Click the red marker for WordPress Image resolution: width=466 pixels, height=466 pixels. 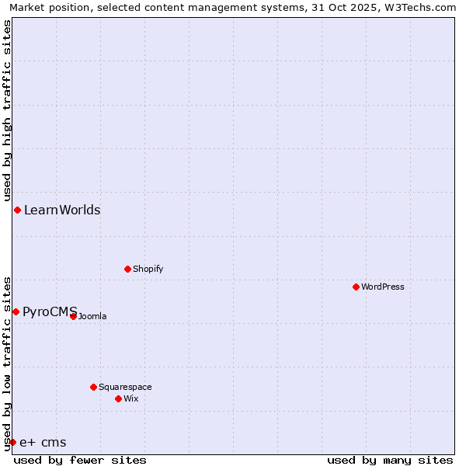pos(356,287)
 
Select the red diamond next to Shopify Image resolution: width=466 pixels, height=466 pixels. pos(127,269)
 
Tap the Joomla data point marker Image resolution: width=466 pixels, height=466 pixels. pos(73,316)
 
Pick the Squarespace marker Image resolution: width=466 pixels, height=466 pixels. pos(93,387)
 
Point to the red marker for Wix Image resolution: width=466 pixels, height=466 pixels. pos(118,398)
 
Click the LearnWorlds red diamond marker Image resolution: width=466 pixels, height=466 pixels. pos(17,210)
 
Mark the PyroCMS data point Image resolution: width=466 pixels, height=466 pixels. pos(16,311)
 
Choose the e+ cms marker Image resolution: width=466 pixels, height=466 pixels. pos(12,442)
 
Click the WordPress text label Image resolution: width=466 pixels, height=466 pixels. pos(383,287)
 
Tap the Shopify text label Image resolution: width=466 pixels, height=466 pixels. pos(148,269)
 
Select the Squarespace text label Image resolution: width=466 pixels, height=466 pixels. pos(125,387)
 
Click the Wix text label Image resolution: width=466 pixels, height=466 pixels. pos(130,398)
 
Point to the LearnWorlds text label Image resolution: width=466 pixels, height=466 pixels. pos(62,210)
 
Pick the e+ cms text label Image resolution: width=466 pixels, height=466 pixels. pos(43,443)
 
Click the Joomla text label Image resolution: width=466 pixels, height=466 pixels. pos(92,316)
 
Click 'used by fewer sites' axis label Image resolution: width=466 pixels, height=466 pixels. pos(80,460)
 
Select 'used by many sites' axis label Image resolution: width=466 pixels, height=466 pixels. pos(390,460)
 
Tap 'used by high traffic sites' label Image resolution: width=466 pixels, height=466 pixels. pos(7,111)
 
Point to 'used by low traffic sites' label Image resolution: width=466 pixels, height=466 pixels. pos(7,363)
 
